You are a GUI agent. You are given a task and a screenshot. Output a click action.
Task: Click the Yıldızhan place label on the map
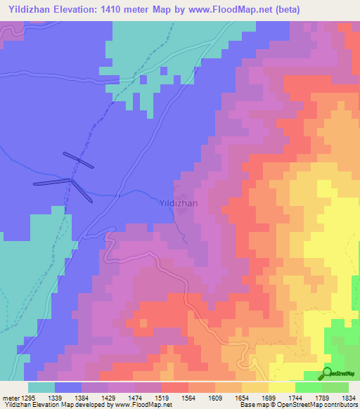[x=179, y=203]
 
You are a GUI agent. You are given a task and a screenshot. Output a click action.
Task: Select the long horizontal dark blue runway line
[x=52, y=182]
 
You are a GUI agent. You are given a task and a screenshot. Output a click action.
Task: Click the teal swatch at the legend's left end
[x=41, y=387]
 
